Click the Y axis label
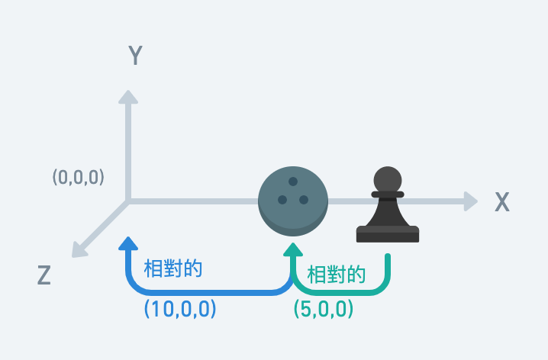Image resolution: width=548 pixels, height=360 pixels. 135,56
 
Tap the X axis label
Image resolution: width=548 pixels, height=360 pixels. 501,202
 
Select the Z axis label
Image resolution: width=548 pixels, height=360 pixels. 44,275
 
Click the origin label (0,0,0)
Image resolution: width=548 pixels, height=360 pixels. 78,177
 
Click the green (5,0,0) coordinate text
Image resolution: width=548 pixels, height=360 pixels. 324,309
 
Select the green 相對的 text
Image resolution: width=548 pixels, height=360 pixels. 336,275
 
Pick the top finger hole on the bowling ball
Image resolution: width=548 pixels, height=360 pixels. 293,182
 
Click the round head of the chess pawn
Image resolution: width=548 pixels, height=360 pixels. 387,180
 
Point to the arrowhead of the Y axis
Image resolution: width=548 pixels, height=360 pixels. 128,97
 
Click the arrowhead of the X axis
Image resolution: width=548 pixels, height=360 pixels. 470,201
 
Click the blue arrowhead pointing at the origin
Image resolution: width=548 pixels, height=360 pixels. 128,244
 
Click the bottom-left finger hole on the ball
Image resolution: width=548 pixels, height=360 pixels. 282,200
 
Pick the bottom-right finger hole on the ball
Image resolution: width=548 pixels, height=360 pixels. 304,200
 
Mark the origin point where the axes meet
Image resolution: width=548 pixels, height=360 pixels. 128,201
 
